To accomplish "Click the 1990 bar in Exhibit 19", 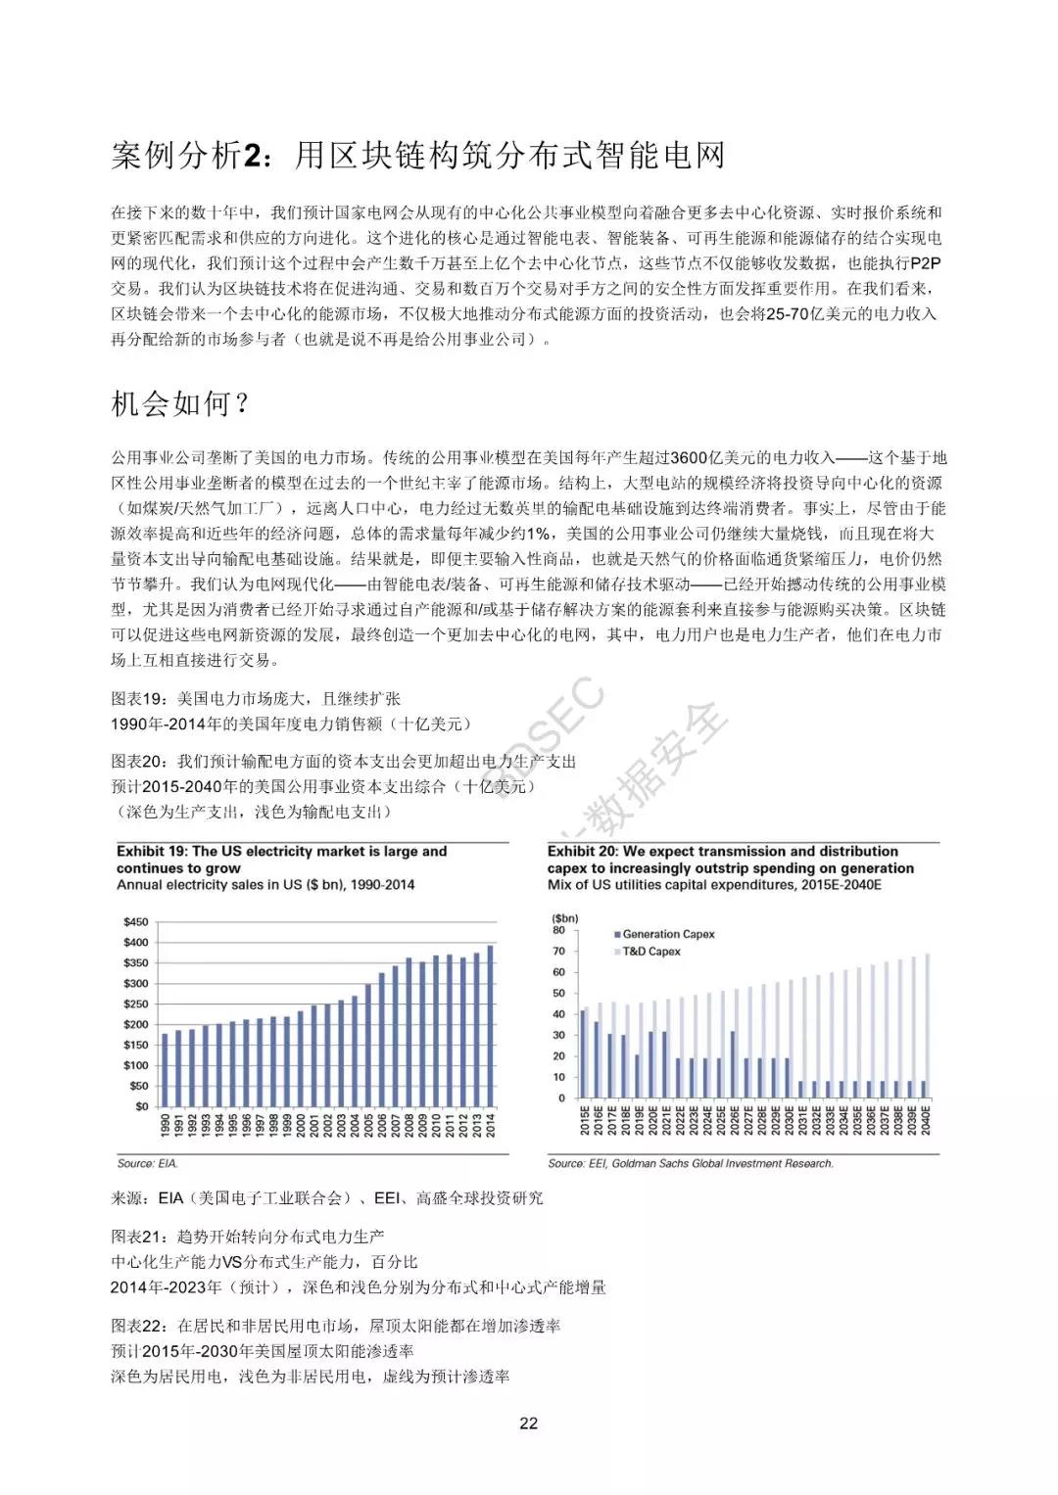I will point(165,1069).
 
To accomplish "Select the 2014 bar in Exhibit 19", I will point(491,1025).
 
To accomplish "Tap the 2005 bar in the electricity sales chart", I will point(368,1045).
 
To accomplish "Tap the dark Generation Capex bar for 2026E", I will point(733,1064).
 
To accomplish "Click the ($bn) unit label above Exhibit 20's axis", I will point(565,918).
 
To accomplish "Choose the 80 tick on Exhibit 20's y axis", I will point(559,931).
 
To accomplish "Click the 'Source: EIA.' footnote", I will point(148,1163).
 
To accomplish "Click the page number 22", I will point(528,1423).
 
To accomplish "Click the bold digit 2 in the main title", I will point(253,156).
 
